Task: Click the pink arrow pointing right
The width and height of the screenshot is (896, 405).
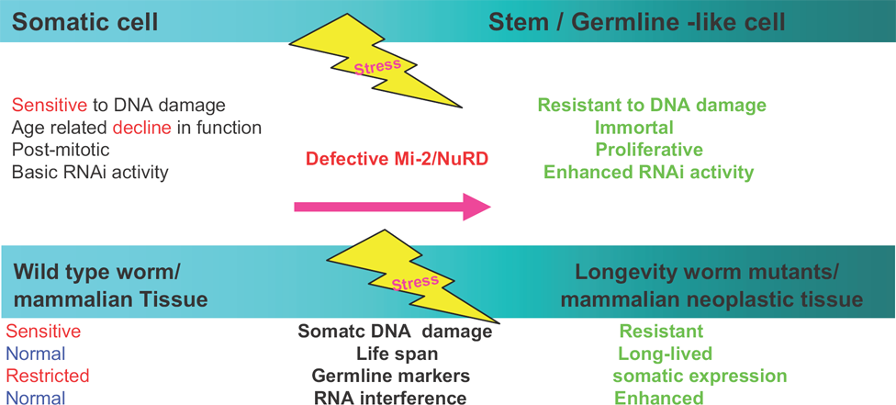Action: coord(393,207)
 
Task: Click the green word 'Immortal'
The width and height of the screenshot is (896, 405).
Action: coord(634,127)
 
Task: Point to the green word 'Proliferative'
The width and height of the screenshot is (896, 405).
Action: coord(649,150)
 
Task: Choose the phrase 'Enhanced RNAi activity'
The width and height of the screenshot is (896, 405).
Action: coord(648,172)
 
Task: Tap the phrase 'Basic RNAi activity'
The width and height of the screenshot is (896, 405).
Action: coord(90,172)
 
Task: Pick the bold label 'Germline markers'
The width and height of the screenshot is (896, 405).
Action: coord(391,376)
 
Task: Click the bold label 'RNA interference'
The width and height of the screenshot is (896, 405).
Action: coord(390,398)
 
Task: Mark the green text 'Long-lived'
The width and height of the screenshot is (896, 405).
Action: coord(666,354)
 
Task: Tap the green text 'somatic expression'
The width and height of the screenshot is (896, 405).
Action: coord(700,376)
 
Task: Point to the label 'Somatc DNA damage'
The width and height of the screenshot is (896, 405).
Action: coord(394,332)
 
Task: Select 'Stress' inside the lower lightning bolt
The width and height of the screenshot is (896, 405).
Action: coord(416,283)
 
